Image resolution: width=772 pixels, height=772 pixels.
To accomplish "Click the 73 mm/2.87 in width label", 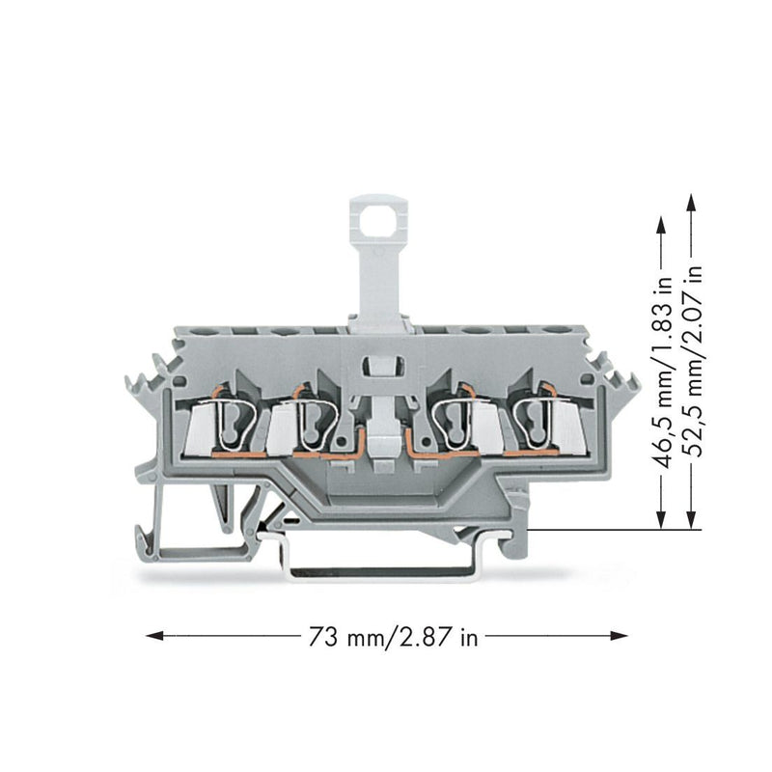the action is (393, 637).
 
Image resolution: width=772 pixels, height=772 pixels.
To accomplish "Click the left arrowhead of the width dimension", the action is (155, 636).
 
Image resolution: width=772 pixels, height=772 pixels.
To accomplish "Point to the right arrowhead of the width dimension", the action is (619, 636).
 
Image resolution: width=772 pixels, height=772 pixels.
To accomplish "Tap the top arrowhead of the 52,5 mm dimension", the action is (691, 203).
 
